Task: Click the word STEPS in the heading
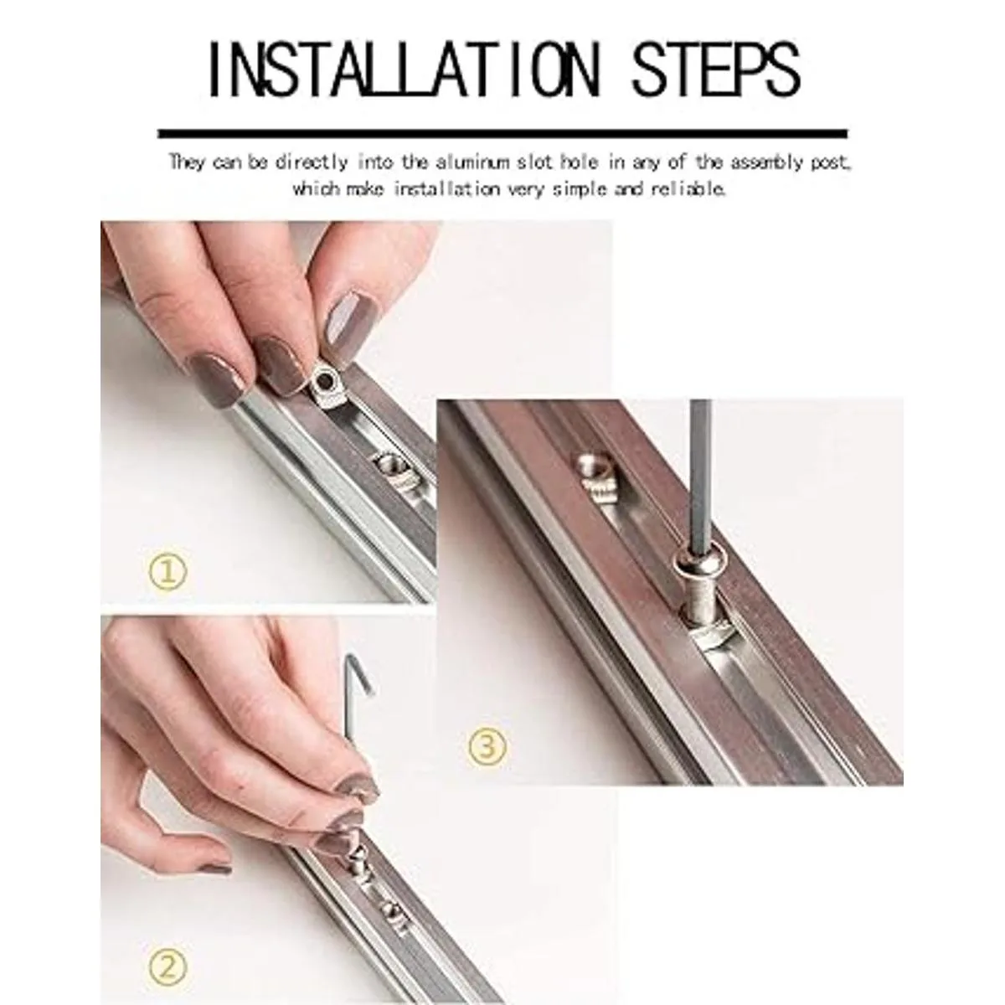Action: [x=716, y=70]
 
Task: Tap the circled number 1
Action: [x=167, y=573]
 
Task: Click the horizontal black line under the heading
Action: [x=502, y=133]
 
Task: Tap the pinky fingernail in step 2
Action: [x=215, y=868]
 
